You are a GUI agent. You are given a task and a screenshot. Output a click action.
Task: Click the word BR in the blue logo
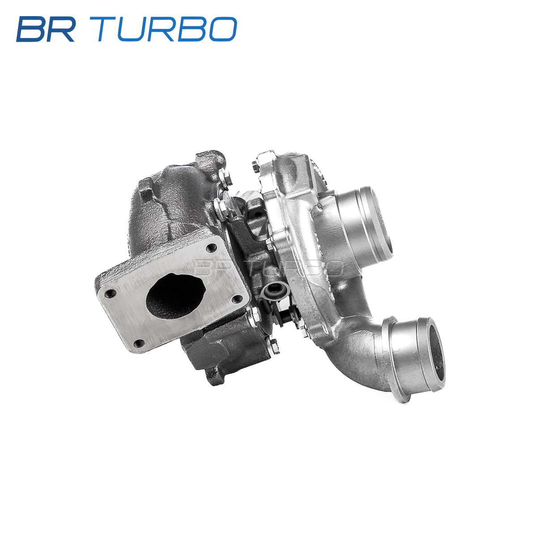[x=46, y=29]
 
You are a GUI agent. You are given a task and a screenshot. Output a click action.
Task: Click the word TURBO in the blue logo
[x=167, y=29]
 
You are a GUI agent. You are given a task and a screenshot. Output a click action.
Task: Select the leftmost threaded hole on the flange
[x=111, y=293]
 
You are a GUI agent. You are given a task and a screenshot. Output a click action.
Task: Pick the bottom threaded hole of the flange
[x=139, y=343]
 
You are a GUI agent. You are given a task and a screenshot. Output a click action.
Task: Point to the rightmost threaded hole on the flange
[x=237, y=299]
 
